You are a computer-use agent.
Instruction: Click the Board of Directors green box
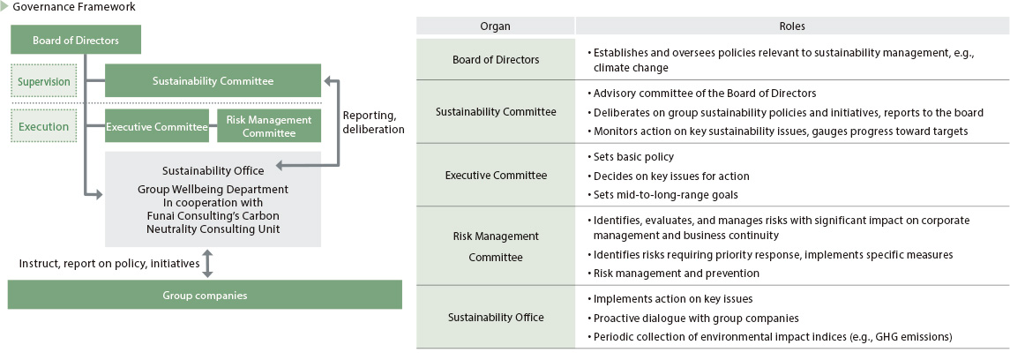pyautogui.click(x=75, y=40)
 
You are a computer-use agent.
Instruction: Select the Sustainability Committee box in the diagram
pyautogui.click(x=213, y=81)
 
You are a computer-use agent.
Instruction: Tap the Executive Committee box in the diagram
pyautogui.click(x=156, y=126)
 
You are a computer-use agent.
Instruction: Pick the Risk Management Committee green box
pyautogui.click(x=269, y=126)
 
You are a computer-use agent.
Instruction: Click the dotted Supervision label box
pyautogui.click(x=44, y=82)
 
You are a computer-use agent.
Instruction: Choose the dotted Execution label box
pyautogui.click(x=44, y=126)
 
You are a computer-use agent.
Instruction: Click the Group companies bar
pyautogui.click(x=205, y=296)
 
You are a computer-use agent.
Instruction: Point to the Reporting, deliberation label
pyautogui.click(x=373, y=123)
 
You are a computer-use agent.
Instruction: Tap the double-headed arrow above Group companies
pyautogui.click(x=206, y=264)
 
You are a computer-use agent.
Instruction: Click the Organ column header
pyautogui.click(x=496, y=26)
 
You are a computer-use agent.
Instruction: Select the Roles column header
pyautogui.click(x=792, y=26)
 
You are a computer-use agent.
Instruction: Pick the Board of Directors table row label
pyautogui.click(x=496, y=60)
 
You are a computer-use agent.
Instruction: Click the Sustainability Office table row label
pyautogui.click(x=496, y=318)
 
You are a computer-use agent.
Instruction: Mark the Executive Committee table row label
pyautogui.click(x=496, y=176)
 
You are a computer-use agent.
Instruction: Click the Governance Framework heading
pyautogui.click(x=74, y=8)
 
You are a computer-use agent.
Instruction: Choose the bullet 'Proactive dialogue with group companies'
pyautogui.click(x=696, y=319)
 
